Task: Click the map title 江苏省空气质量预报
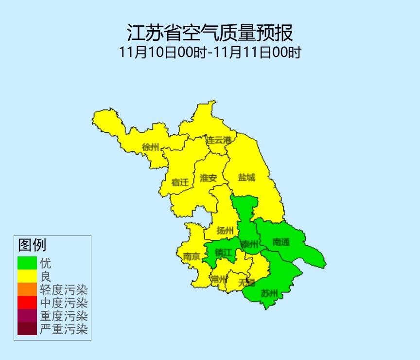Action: [x=210, y=33]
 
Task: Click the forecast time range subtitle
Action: [x=210, y=52]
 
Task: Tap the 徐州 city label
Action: [x=150, y=147]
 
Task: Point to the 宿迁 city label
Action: [x=180, y=182]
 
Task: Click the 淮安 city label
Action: [x=209, y=178]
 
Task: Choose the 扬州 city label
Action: [x=225, y=230]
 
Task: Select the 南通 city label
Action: [x=281, y=242]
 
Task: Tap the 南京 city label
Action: [x=191, y=256]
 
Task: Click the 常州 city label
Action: [x=219, y=279]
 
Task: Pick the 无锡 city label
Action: [x=246, y=282]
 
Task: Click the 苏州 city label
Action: [x=269, y=293]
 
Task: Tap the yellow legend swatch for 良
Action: [x=27, y=276]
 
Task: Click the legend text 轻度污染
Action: [x=64, y=290]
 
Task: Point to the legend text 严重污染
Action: [x=64, y=329]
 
